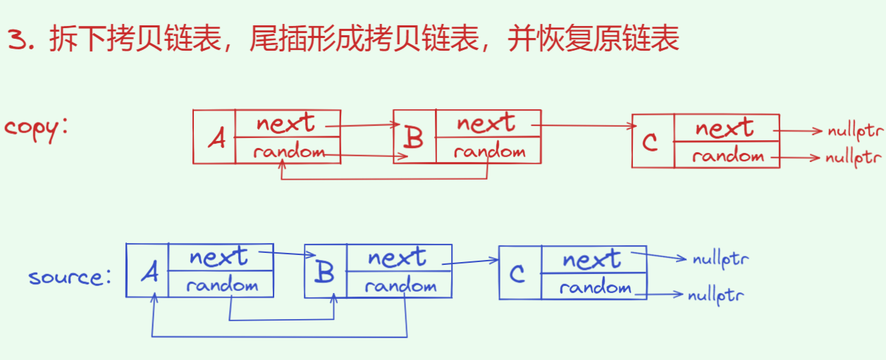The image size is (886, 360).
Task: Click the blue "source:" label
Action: [x=70, y=276]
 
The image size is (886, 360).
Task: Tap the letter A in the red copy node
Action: [x=217, y=139]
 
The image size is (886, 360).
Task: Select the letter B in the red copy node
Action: [x=414, y=137]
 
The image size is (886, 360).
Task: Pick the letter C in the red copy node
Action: [x=651, y=142]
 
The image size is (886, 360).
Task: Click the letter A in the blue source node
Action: [x=149, y=272]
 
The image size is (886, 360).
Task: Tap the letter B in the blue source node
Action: [x=325, y=272]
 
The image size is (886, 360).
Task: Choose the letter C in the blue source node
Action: [x=519, y=273]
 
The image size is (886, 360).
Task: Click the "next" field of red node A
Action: [x=285, y=123]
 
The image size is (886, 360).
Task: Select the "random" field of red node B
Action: [x=489, y=151]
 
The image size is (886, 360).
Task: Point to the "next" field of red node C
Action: [x=724, y=128]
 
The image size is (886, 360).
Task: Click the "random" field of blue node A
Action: [x=222, y=285]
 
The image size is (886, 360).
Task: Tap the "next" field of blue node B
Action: [x=397, y=258]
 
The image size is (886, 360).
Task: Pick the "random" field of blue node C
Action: [x=595, y=287]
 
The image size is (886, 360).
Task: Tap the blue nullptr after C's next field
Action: [x=720, y=259]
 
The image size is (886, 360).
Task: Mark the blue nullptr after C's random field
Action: [x=715, y=294]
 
